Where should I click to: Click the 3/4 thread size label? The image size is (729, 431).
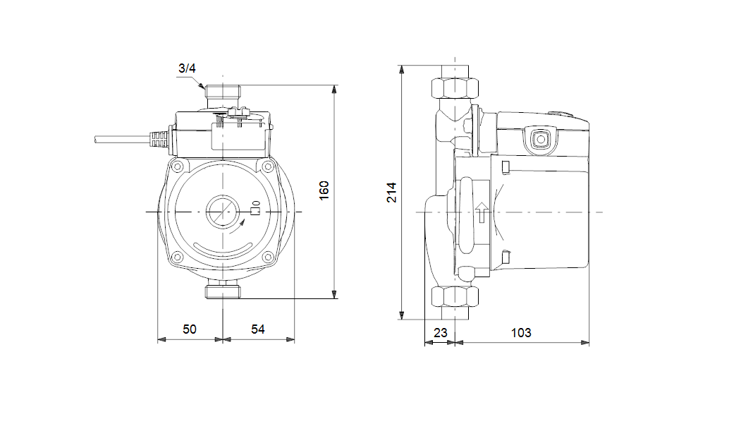pyautogui.click(x=187, y=68)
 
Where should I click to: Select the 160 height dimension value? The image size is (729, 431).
pyautogui.click(x=324, y=190)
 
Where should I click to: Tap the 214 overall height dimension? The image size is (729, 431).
pyautogui.click(x=392, y=192)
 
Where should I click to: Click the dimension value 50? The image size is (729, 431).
pyautogui.click(x=190, y=329)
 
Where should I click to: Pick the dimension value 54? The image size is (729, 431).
pyautogui.click(x=257, y=329)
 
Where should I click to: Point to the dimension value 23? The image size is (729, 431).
pyautogui.click(x=440, y=333)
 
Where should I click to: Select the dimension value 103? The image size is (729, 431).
pyautogui.click(x=521, y=333)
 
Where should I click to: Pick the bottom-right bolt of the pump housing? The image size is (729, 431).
pyautogui.click(x=267, y=257)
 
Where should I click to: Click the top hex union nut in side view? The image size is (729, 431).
pyautogui.click(x=455, y=88)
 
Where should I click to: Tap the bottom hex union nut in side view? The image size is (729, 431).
pyautogui.click(x=455, y=297)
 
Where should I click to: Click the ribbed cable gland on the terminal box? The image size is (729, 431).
pyautogui.click(x=159, y=138)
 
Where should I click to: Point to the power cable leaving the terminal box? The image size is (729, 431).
pyautogui.click(x=122, y=138)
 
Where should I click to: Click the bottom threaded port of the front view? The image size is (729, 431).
pyautogui.click(x=223, y=292)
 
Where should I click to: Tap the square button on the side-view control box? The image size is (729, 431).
pyautogui.click(x=540, y=139)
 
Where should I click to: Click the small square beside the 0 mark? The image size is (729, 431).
pyautogui.click(x=255, y=212)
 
